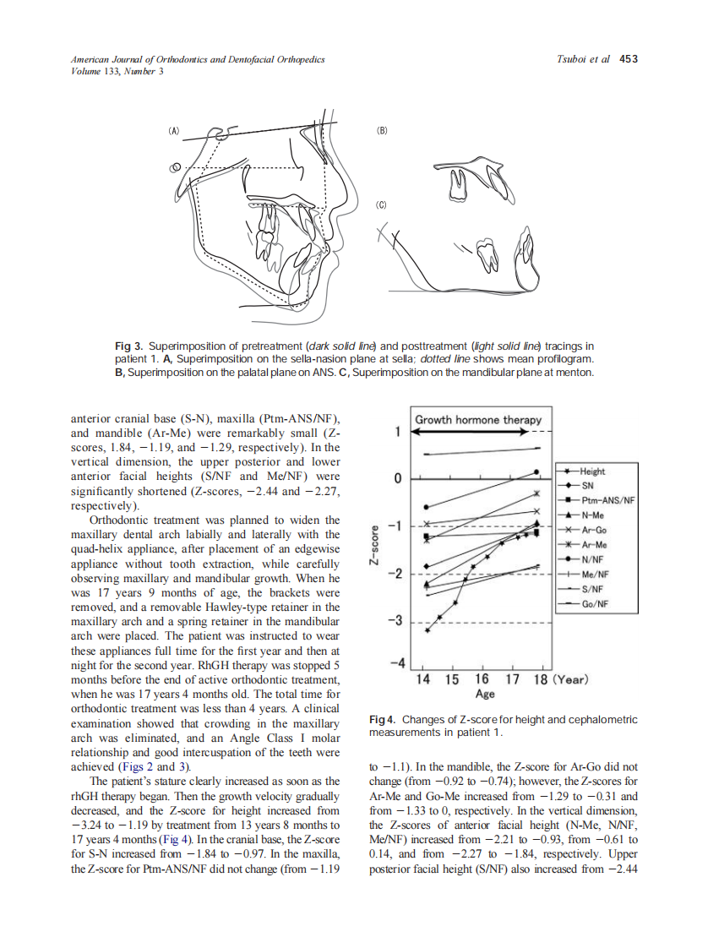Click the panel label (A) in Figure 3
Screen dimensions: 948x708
175,131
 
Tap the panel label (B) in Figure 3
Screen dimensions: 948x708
382,131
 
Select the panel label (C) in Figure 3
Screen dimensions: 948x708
382,204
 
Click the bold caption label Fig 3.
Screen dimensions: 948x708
128,346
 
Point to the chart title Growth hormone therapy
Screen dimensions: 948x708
478,420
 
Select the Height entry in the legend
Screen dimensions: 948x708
591,471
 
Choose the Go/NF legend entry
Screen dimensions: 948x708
594,603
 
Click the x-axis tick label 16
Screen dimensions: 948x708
482,679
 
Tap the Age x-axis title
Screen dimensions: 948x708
485,694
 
